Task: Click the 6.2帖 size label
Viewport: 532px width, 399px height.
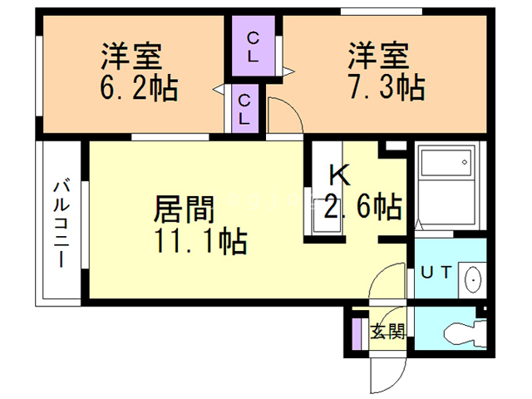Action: [x=139, y=87]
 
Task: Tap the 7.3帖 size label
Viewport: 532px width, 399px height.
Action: [x=387, y=86]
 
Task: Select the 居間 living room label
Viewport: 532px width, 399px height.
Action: [x=185, y=209]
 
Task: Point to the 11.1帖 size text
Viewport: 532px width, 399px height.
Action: [x=201, y=241]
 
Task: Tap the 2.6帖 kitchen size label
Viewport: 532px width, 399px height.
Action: [x=363, y=206]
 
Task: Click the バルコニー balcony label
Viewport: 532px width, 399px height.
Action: [x=62, y=224]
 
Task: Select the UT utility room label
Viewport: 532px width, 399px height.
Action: [x=436, y=273]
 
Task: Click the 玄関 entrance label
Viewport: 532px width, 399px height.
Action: [x=387, y=331]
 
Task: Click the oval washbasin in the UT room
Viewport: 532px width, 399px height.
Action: [x=472, y=280]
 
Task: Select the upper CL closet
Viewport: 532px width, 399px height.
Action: [x=253, y=46]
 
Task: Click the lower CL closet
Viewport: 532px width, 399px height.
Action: [x=245, y=109]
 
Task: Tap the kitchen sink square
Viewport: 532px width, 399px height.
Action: [x=327, y=216]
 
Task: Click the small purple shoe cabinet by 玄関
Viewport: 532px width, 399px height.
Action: [x=356, y=334]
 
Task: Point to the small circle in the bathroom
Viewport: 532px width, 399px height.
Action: [x=465, y=162]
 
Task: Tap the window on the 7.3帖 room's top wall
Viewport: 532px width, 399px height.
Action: [x=382, y=12]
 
